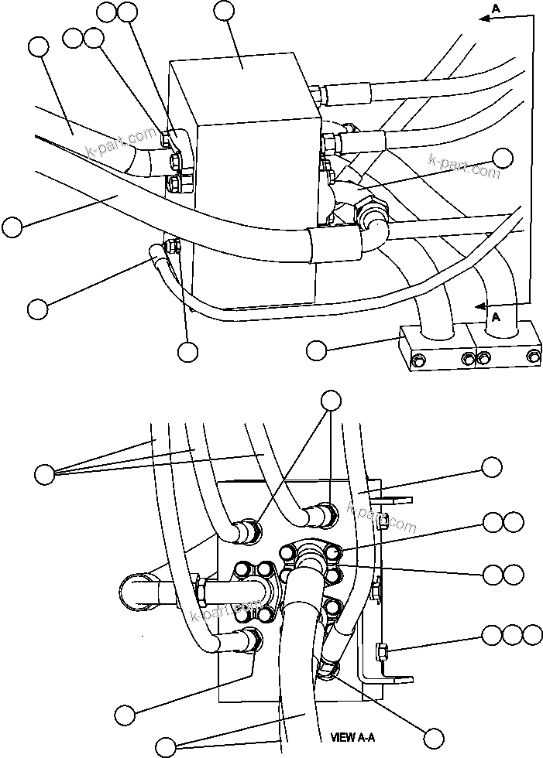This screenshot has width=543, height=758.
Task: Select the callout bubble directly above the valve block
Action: [224, 10]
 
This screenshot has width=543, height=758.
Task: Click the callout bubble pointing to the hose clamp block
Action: [315, 350]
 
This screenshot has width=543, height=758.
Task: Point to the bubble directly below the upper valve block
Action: [187, 352]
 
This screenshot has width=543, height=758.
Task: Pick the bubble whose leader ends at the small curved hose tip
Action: [36, 308]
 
